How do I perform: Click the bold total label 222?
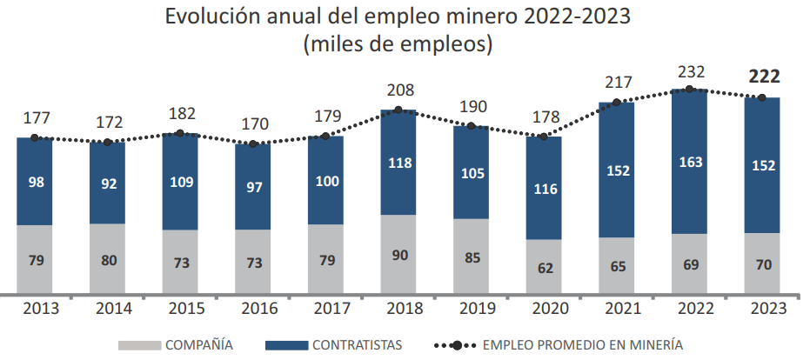(x=764, y=77)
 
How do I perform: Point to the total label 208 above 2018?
(x=398, y=90)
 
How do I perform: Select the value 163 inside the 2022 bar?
(x=689, y=162)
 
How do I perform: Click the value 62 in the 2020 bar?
(x=544, y=268)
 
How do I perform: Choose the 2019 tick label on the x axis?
(x=471, y=309)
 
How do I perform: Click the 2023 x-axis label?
(x=762, y=309)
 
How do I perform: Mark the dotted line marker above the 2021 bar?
(x=617, y=102)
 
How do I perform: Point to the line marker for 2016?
(x=252, y=143)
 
